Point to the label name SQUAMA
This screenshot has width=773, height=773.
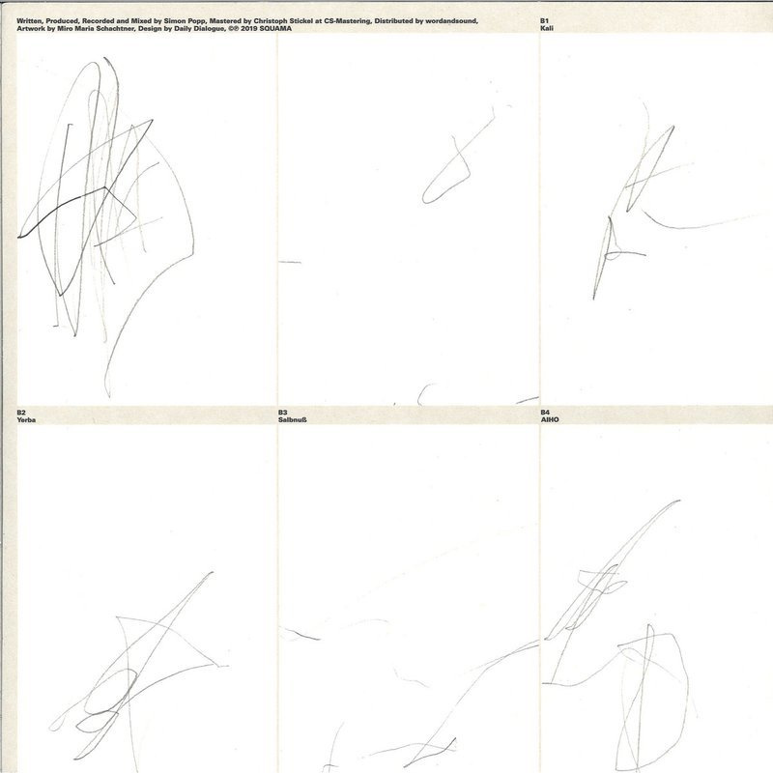[x=275, y=29]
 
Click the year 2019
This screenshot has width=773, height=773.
[x=249, y=29]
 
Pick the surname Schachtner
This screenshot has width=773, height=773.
[x=115, y=29]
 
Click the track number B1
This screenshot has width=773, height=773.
[x=544, y=21]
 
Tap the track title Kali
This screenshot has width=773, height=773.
[x=547, y=28]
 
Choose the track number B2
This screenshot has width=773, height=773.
[x=21, y=413]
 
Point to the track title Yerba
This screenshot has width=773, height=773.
[x=26, y=419]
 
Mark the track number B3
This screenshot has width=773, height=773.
[x=282, y=413]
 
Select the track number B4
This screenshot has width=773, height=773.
[x=545, y=413]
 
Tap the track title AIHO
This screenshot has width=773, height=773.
[x=550, y=419]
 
